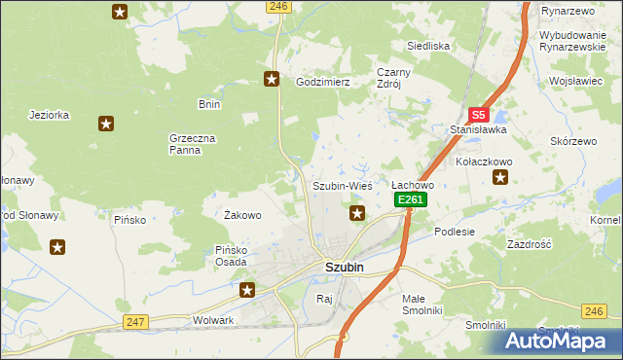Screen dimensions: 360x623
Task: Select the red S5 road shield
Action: (x=477, y=114)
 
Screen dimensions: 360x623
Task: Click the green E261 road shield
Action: (x=410, y=199)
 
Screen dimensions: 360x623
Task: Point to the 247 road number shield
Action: (x=135, y=321)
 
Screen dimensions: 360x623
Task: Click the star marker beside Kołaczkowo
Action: (x=500, y=177)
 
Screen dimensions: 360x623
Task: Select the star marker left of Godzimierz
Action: (x=272, y=80)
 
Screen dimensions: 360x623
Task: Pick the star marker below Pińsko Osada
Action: (x=247, y=289)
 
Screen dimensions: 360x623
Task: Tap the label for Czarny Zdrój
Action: (x=396, y=78)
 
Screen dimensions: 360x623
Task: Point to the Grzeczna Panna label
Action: (x=184, y=144)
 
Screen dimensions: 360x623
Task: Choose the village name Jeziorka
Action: (x=50, y=114)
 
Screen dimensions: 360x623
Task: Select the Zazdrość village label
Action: (x=530, y=245)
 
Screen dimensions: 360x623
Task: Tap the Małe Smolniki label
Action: (x=421, y=305)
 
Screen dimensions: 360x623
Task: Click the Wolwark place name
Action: (x=214, y=319)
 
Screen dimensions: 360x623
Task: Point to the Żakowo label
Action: (x=242, y=215)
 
